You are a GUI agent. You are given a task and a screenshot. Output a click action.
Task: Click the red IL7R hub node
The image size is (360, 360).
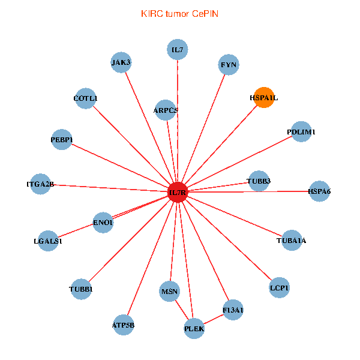pos(178,193)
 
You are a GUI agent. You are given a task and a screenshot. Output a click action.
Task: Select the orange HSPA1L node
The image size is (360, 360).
pos(264,97)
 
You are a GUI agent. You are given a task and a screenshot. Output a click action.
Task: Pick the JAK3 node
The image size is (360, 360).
pos(121,62)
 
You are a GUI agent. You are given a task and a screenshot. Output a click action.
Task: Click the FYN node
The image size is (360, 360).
pos(229,64)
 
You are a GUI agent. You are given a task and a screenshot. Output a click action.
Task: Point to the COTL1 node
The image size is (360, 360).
pos(86,98)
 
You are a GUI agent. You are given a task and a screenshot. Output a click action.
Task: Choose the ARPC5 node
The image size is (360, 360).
pos(166,110)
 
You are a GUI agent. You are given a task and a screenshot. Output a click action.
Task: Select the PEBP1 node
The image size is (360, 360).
pos(62,140)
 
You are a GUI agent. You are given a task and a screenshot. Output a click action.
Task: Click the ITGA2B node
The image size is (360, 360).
pos(41,184)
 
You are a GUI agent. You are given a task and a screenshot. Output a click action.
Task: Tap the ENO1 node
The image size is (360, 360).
pos(103,223)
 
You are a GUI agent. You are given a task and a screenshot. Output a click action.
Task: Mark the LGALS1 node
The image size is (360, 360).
pos(48,241)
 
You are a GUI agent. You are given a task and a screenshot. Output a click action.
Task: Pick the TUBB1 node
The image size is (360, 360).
pos(82,289)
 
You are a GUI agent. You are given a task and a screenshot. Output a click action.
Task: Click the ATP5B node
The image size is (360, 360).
pos(124,325)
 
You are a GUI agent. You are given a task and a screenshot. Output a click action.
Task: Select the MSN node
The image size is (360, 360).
pos(170,292)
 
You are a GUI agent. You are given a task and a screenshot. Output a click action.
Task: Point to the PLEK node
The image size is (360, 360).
pos(194,329)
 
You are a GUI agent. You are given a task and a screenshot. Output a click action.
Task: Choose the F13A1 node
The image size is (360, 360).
pos(233,310)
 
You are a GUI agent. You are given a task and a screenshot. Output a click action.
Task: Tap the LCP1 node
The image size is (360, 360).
pos(280,288)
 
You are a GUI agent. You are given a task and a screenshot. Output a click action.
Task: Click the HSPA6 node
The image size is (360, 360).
pos(319,191)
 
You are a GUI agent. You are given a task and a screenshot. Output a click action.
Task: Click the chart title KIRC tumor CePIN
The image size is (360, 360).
pos(179,13)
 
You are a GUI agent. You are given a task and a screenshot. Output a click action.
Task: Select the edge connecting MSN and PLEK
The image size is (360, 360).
pos(182,310)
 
